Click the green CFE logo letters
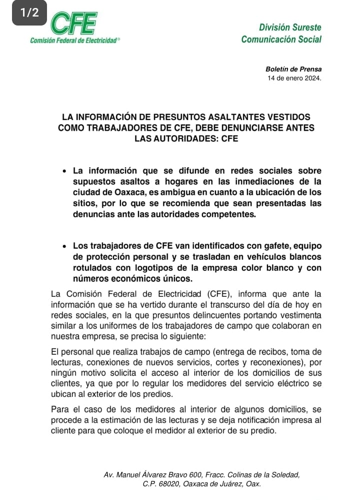coord(74,23)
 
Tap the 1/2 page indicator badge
coord(29,13)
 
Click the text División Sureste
coord(290,27)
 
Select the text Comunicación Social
coord(281,40)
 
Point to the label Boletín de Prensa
coord(293,69)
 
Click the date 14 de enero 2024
coord(294,79)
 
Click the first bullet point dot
coord(64,171)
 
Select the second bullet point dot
coord(64,246)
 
